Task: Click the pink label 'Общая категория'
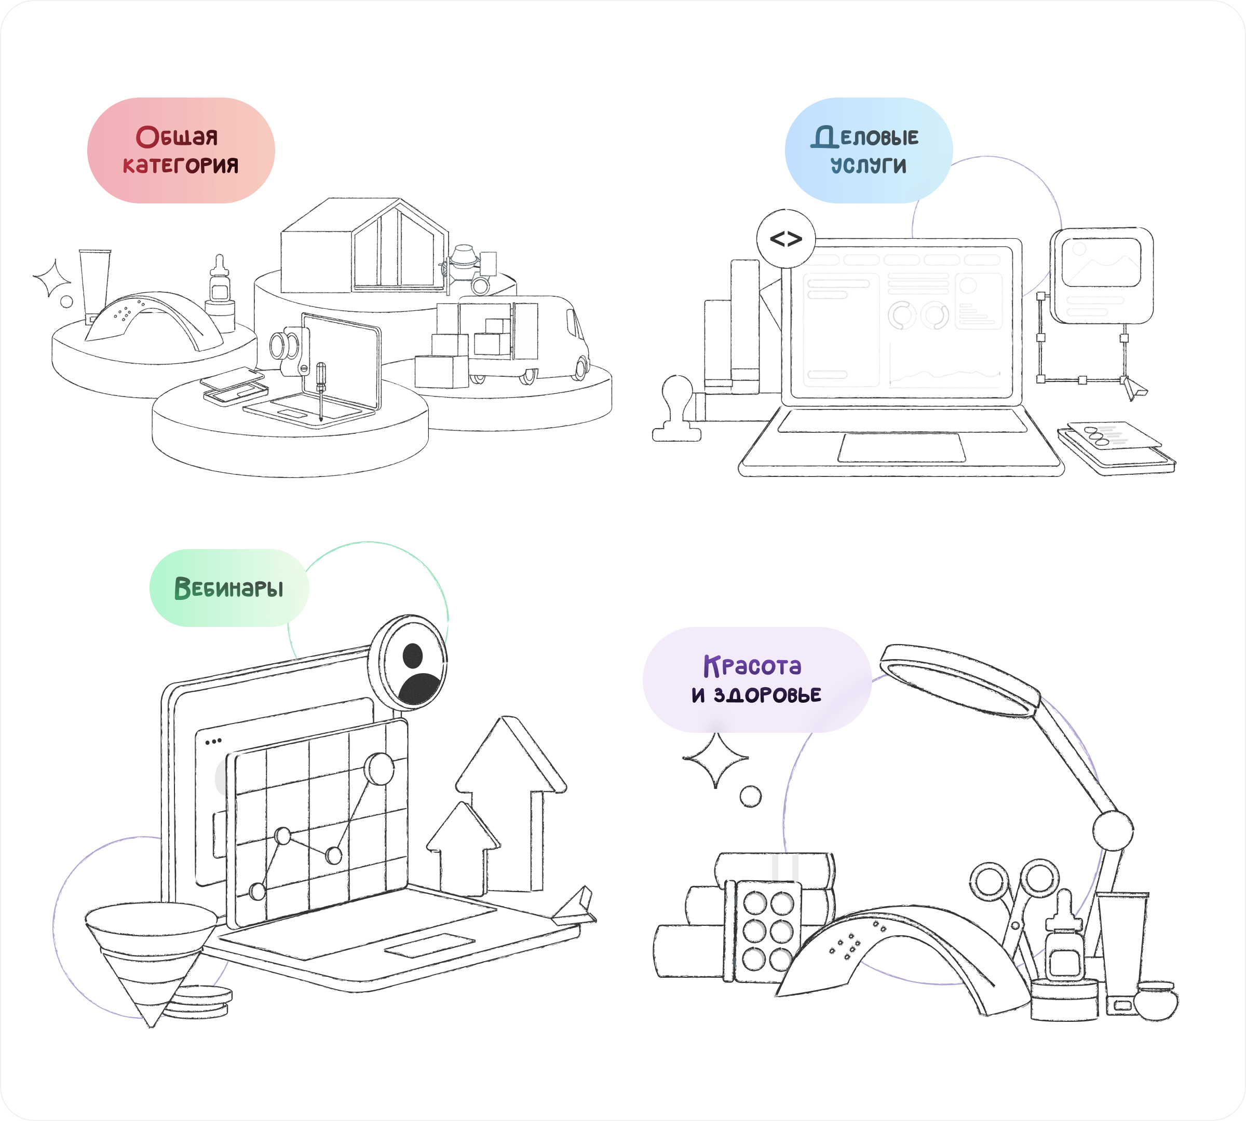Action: pyautogui.click(x=181, y=151)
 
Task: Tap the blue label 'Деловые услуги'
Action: pyautogui.click(x=868, y=151)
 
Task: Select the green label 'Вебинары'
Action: pyautogui.click(x=228, y=587)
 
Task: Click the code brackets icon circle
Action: pyautogui.click(x=785, y=239)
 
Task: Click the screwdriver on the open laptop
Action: pyautogui.click(x=320, y=388)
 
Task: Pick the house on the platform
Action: pyautogui.click(x=363, y=247)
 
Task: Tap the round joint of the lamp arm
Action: pyautogui.click(x=1112, y=830)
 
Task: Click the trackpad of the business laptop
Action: pyautogui.click(x=901, y=446)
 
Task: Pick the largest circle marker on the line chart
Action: pyautogui.click(x=379, y=768)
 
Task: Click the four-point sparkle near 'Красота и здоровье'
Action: pyautogui.click(x=715, y=759)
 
